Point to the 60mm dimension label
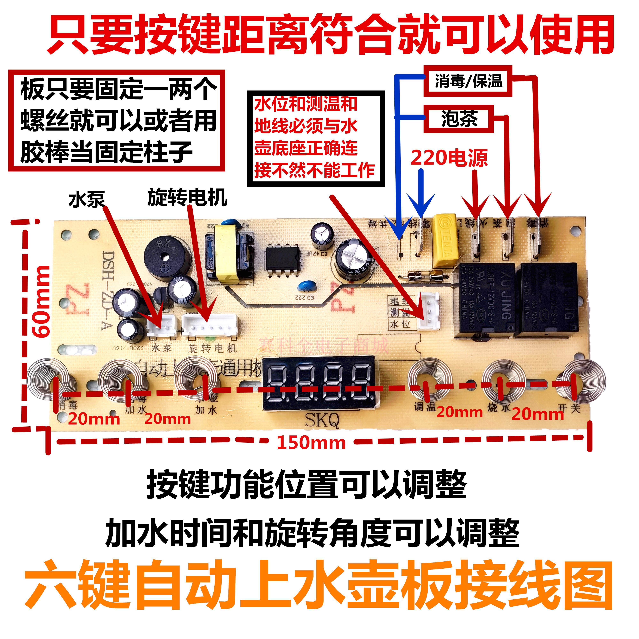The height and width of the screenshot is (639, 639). (x=42, y=301)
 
